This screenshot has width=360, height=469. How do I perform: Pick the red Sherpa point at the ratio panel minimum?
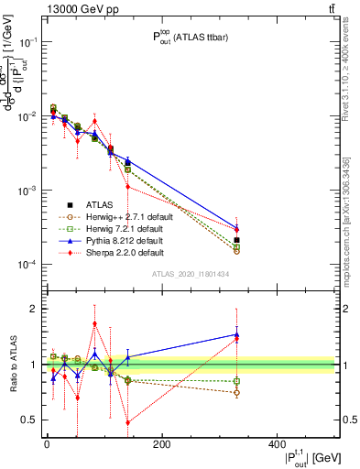click(127, 422)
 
